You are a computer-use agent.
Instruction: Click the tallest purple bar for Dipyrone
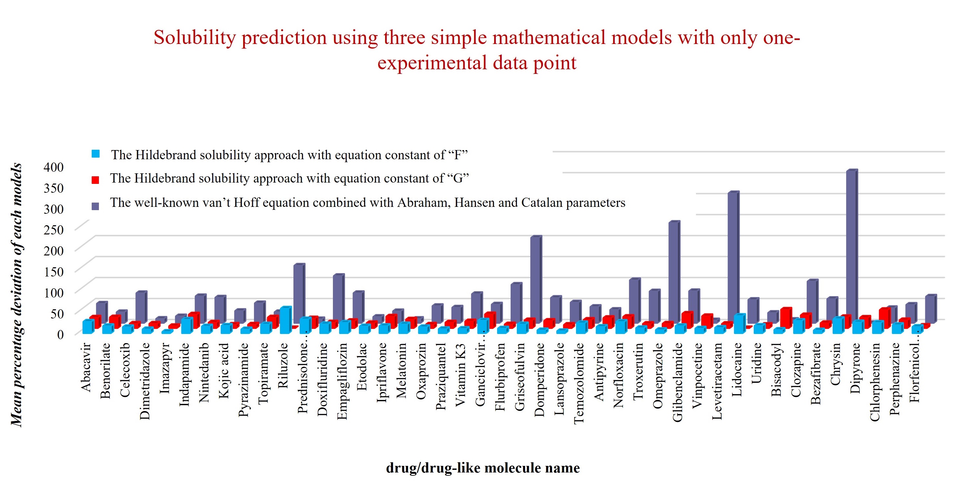852,245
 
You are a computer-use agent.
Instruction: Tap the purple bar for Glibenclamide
674,271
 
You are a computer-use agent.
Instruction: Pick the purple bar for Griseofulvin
536,278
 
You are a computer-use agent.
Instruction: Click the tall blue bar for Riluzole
285,320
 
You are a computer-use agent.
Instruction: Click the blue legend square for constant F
96,154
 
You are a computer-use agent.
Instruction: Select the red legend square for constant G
95,180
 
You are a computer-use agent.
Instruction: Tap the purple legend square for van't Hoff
95,206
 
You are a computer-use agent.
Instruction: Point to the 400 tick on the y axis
54,167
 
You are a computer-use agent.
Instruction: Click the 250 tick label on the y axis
54,229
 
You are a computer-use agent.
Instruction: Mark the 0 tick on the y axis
60,334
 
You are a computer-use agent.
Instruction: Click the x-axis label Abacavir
86,367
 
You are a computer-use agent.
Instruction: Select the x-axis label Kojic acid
224,371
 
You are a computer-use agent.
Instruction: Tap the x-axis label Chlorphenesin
874,382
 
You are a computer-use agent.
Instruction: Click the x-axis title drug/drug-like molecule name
483,468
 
